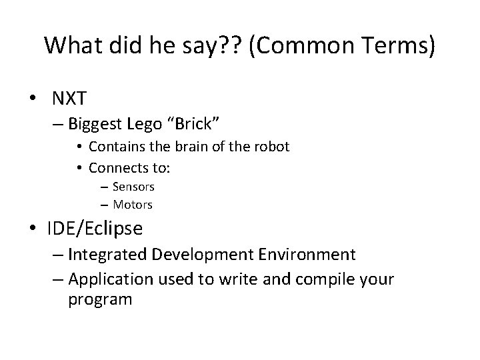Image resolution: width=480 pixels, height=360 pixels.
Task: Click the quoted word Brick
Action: tap(194, 124)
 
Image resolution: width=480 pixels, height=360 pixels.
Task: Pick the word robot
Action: tap(271, 147)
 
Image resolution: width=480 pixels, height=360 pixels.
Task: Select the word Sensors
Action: tap(134, 187)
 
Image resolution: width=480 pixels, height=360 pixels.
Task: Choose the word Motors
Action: tap(133, 205)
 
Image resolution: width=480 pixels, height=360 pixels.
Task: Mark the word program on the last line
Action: tap(100, 300)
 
